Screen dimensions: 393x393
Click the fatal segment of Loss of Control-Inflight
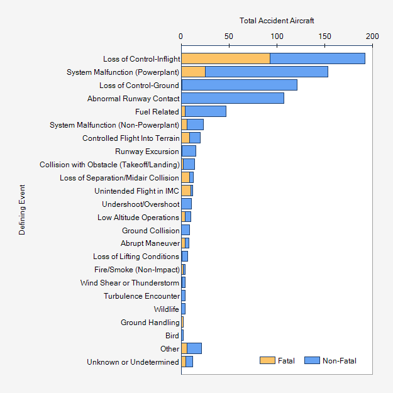click(x=226, y=58)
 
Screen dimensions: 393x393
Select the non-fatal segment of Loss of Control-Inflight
click(x=318, y=58)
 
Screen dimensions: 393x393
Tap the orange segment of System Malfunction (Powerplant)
click(x=194, y=72)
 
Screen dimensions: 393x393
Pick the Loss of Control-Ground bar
click(x=239, y=85)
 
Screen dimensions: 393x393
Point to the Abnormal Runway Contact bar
click(x=233, y=98)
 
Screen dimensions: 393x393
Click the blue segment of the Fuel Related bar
click(x=206, y=111)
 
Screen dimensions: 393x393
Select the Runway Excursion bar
click(x=189, y=151)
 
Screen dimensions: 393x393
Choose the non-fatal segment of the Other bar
click(x=194, y=348)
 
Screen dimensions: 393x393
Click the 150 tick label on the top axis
click(x=324, y=36)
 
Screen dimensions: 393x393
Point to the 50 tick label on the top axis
click(x=229, y=36)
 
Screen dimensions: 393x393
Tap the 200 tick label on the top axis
click(x=372, y=36)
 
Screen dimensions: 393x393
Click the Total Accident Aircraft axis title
click(x=277, y=21)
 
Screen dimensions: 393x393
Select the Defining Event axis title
click(x=22, y=209)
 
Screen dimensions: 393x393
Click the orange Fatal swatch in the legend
click(x=267, y=360)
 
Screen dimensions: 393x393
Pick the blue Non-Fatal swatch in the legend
click(x=312, y=360)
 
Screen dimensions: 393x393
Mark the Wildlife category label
click(x=167, y=309)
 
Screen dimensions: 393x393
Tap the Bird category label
click(x=172, y=335)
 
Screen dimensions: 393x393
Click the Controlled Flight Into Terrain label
click(x=131, y=138)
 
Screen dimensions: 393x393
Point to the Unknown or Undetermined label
click(x=133, y=362)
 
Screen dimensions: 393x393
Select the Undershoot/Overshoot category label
click(x=141, y=204)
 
